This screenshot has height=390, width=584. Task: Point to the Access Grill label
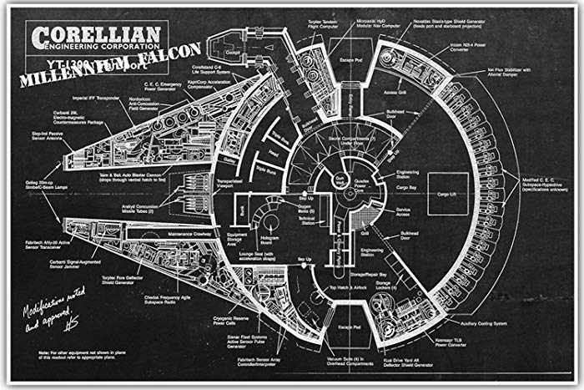[x=395, y=93]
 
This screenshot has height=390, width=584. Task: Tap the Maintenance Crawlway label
[x=189, y=234]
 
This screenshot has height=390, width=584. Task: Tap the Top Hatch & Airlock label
[x=344, y=287]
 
